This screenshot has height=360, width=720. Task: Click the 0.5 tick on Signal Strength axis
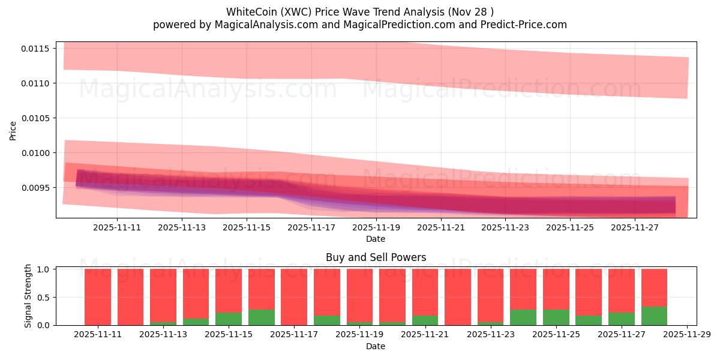coord(44,298)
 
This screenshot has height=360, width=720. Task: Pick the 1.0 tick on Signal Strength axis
coord(44,269)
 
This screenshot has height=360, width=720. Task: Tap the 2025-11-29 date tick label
coord(686,334)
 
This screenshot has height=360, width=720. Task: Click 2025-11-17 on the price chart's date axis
coord(311,228)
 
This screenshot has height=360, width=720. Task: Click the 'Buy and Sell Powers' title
coord(376,257)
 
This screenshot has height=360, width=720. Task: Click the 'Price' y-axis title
coord(13,130)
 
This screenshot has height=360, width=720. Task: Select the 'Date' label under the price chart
coord(376,239)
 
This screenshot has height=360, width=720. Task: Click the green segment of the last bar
coord(654,316)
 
